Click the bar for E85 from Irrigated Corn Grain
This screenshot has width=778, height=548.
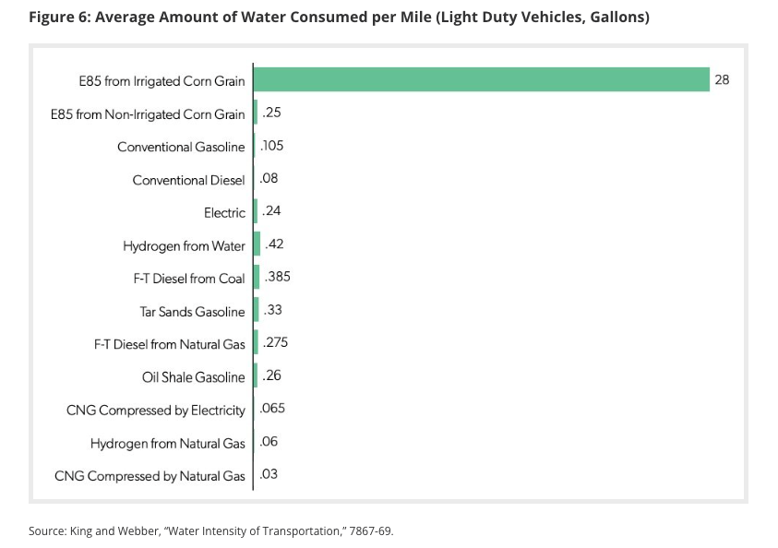(480, 79)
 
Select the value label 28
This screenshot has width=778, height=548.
(722, 80)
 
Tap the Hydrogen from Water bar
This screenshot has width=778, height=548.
(257, 245)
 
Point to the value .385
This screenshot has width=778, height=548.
(278, 277)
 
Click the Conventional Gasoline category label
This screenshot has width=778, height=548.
(181, 147)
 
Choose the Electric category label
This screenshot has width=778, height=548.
(224, 212)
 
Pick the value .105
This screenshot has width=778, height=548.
(273, 146)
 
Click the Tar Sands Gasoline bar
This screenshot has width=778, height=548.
(256, 311)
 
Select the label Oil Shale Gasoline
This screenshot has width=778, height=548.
(193, 376)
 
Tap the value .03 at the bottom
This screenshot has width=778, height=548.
(269, 474)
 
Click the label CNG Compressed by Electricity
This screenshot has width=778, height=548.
(155, 410)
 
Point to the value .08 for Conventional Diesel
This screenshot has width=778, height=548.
(269, 178)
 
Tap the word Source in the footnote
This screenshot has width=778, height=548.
(47, 530)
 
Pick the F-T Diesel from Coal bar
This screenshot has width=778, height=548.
(256, 278)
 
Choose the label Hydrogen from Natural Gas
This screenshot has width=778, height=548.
(167, 443)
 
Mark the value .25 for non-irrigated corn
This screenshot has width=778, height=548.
(271, 113)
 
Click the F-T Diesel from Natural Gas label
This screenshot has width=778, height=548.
(169, 344)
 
